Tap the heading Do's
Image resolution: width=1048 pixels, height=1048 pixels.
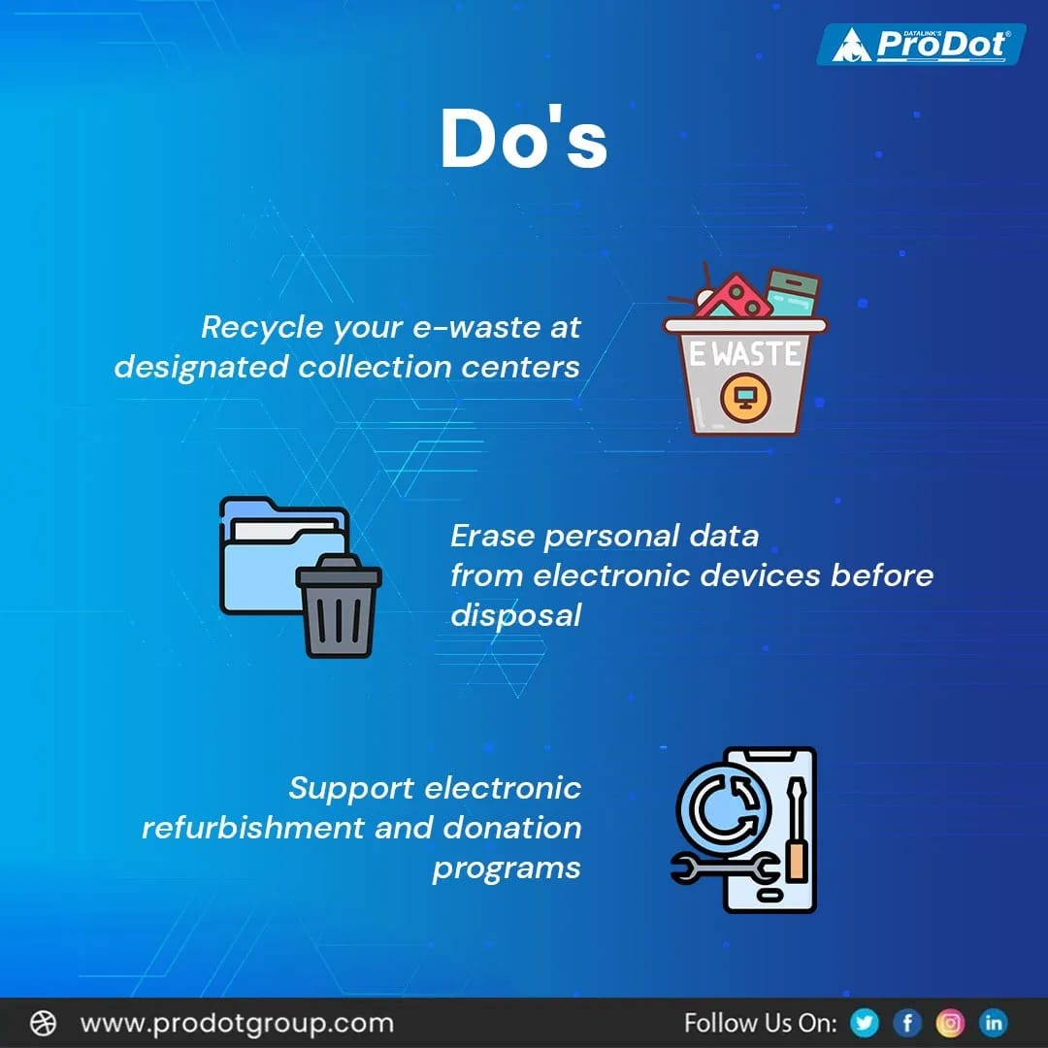tap(523, 139)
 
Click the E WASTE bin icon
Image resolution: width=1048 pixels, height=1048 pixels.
tap(745, 355)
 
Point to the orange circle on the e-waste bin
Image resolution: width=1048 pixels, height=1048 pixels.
tap(744, 397)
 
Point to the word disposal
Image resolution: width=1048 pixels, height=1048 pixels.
tap(515, 614)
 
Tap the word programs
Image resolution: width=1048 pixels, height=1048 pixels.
tap(507, 868)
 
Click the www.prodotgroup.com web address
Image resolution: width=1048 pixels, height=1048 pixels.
tap(237, 1023)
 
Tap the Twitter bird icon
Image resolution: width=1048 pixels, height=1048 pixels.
tap(863, 1023)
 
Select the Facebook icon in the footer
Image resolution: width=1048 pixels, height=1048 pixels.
tap(907, 1023)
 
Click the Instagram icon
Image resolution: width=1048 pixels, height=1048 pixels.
tap(950, 1023)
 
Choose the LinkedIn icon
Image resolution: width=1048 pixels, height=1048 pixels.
tap(994, 1023)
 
